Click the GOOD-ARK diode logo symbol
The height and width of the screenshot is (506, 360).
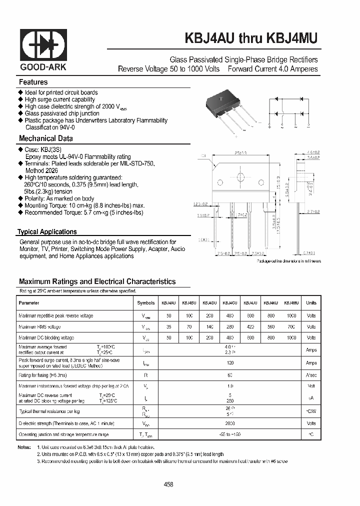coord(43,44)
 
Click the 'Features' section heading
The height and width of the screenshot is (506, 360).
coord(33,82)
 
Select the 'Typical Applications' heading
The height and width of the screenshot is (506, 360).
coord(47,232)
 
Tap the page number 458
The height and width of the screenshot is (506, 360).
coord(169,484)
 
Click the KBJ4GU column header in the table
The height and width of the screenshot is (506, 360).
coord(230,303)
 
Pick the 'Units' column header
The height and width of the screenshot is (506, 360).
coord(311,303)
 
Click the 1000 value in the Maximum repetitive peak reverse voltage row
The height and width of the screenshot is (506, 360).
coord(291,316)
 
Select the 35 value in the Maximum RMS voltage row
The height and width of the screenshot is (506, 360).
coord(168,327)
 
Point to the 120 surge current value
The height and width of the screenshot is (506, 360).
coord(230,363)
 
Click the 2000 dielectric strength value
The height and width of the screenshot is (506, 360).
coord(230,423)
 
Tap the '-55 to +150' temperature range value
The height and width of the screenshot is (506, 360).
coord(230,435)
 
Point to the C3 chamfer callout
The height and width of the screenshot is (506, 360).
coord(203,156)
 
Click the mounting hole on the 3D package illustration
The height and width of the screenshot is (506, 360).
coord(223,100)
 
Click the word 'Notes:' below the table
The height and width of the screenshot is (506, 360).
coord(24,447)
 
